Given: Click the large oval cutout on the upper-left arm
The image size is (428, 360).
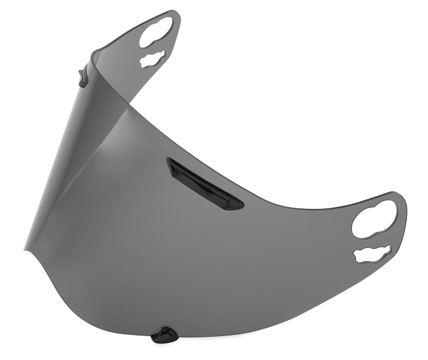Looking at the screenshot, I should pos(156,33).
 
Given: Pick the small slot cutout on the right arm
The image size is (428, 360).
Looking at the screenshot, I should pos(371,253).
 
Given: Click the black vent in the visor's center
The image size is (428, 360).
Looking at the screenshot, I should pos(204,184).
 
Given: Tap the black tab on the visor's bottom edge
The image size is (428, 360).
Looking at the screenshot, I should pos(165,335).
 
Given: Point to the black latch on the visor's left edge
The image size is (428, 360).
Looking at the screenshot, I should pos(83,78).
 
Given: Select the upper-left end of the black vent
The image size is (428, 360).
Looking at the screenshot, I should pos(170,162).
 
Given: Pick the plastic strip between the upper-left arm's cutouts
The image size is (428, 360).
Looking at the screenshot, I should pos(154,48).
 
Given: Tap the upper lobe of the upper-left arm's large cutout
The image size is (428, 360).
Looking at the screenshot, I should pos(163,25).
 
